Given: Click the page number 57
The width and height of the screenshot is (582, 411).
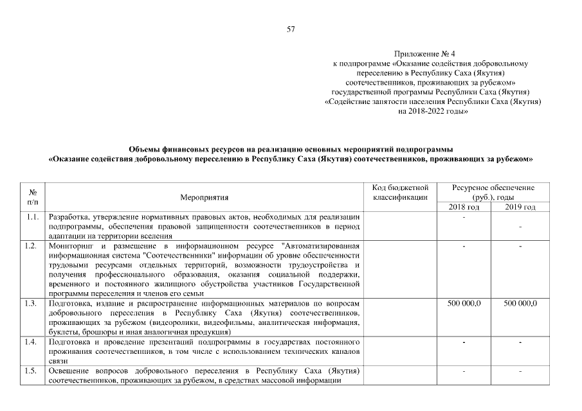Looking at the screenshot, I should pos(291,29).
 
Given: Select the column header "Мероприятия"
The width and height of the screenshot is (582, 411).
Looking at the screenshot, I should pos(205,197).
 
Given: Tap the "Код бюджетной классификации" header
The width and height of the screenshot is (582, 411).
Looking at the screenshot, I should pos(400,192).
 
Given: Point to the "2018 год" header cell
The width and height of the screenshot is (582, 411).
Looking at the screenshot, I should pos(464,207).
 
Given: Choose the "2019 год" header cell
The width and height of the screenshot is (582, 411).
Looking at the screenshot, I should pos(520,207).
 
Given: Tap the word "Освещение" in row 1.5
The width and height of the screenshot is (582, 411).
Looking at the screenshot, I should pos(68,371).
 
